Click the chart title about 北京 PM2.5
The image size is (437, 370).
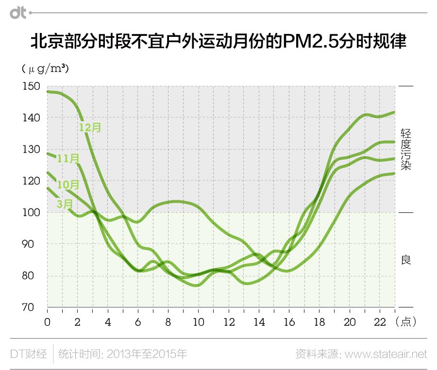[x=218, y=42]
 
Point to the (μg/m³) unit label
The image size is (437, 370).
[x=45, y=69]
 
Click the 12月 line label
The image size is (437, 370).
[x=90, y=128]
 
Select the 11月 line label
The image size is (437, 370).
[x=67, y=158]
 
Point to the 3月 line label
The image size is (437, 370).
[x=65, y=204]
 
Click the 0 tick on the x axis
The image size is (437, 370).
[x=47, y=322]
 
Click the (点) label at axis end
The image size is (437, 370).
[x=405, y=322]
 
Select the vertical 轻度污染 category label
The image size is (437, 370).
[x=406, y=149]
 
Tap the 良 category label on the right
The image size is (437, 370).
[x=406, y=260]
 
